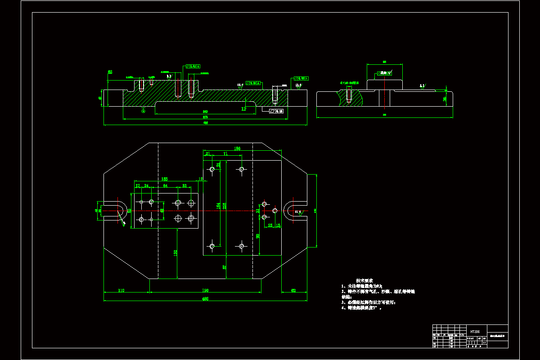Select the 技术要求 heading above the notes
click(364, 280)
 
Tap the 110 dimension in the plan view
click(121, 290)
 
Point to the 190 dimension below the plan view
click(205, 290)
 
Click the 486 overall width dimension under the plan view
click(205, 298)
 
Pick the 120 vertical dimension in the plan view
click(175, 252)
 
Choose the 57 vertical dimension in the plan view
click(225, 267)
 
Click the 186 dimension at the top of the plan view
click(237, 148)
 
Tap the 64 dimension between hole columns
click(165, 185)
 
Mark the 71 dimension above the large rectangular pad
click(225, 154)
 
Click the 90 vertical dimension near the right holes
click(258, 236)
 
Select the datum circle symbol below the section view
click(143, 111)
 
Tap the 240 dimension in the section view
click(205, 112)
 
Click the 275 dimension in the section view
click(205, 117)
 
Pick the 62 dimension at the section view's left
click(110, 72)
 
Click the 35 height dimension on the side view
click(445, 99)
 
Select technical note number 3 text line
click(369, 302)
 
